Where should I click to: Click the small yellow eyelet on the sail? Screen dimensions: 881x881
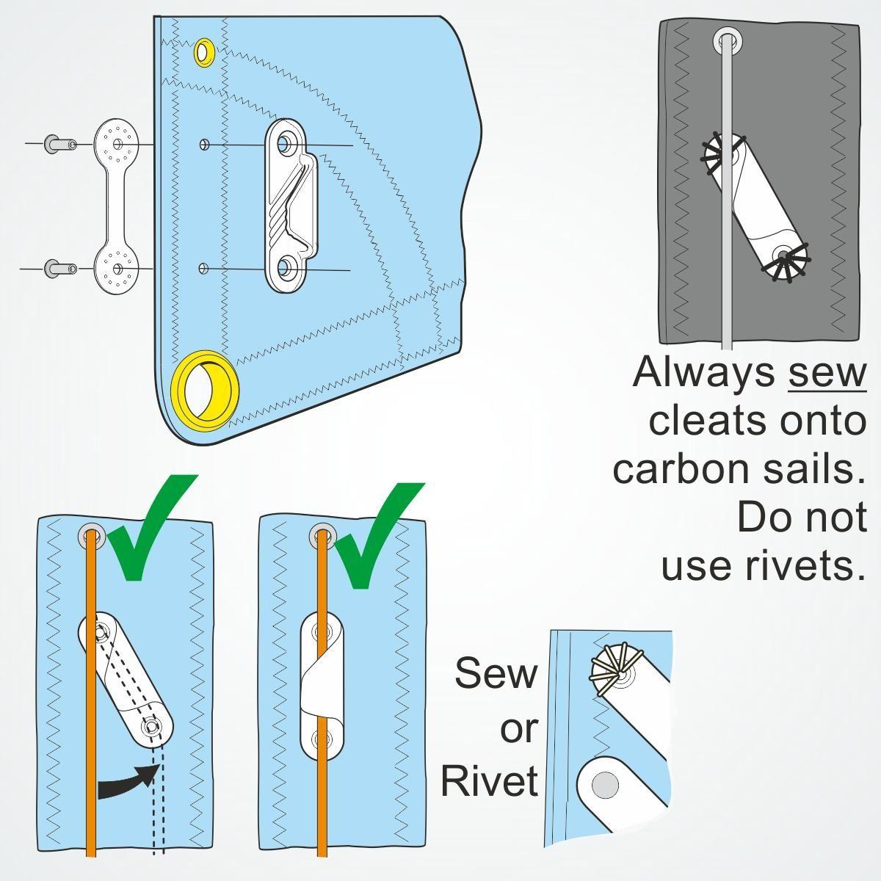204,53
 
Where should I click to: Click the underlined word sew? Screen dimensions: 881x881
827,372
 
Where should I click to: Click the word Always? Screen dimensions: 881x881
703,372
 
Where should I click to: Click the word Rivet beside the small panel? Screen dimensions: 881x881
490,780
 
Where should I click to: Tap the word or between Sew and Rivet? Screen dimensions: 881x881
519,728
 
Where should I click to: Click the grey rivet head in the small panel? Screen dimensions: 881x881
605,784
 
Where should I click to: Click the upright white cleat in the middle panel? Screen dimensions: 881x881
322,683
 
